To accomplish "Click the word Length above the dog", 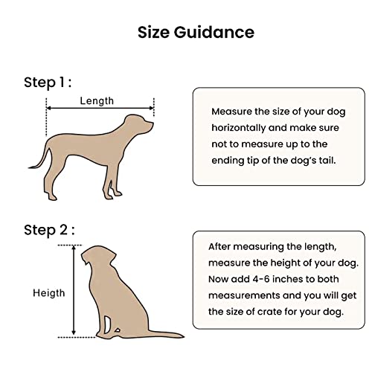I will pos(97,100).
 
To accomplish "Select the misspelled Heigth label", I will pos(48,293).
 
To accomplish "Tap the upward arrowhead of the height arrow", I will pos(73,248).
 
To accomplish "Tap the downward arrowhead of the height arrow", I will pos(73,335).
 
